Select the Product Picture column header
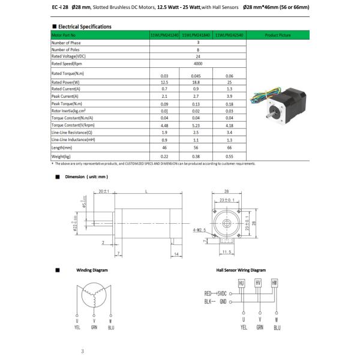(x=277, y=35)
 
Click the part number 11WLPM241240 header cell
(x=164, y=35)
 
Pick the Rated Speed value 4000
(x=197, y=64)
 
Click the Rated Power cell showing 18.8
(x=196, y=83)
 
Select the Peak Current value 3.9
(x=229, y=97)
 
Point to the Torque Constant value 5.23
(x=196, y=125)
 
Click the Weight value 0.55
(x=229, y=156)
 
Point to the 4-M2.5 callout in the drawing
(x=199, y=229)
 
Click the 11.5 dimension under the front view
(x=226, y=251)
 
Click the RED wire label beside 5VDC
(x=208, y=293)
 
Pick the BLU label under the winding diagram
(x=112, y=327)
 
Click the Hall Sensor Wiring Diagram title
(x=241, y=270)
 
